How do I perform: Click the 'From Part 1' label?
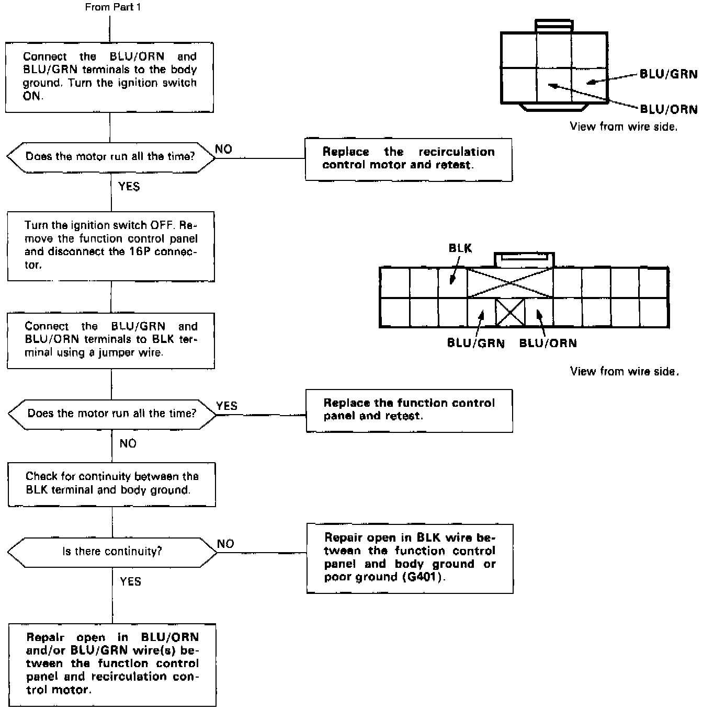[x=112, y=7]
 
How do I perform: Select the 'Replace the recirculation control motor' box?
[x=409, y=159]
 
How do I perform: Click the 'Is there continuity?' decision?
[x=112, y=551]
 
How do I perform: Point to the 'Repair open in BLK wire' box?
[x=410, y=558]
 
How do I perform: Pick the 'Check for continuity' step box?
[x=112, y=484]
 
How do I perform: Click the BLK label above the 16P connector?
[x=460, y=248]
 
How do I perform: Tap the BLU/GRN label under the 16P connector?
[x=475, y=343]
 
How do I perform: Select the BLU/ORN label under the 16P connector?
[x=548, y=343]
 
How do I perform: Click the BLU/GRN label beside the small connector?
[x=668, y=74]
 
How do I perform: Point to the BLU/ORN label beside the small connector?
[x=668, y=109]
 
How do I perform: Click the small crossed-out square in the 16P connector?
[x=509, y=312]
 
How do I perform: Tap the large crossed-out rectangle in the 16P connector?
[x=509, y=283]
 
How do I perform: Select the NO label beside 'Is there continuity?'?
[x=225, y=544]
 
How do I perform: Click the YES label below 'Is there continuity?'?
[x=130, y=581]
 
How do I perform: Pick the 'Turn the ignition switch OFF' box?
[x=111, y=246]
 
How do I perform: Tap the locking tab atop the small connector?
[x=554, y=25]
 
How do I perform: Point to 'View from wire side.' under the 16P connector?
[x=624, y=371]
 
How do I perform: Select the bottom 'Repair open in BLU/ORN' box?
[x=112, y=664]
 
